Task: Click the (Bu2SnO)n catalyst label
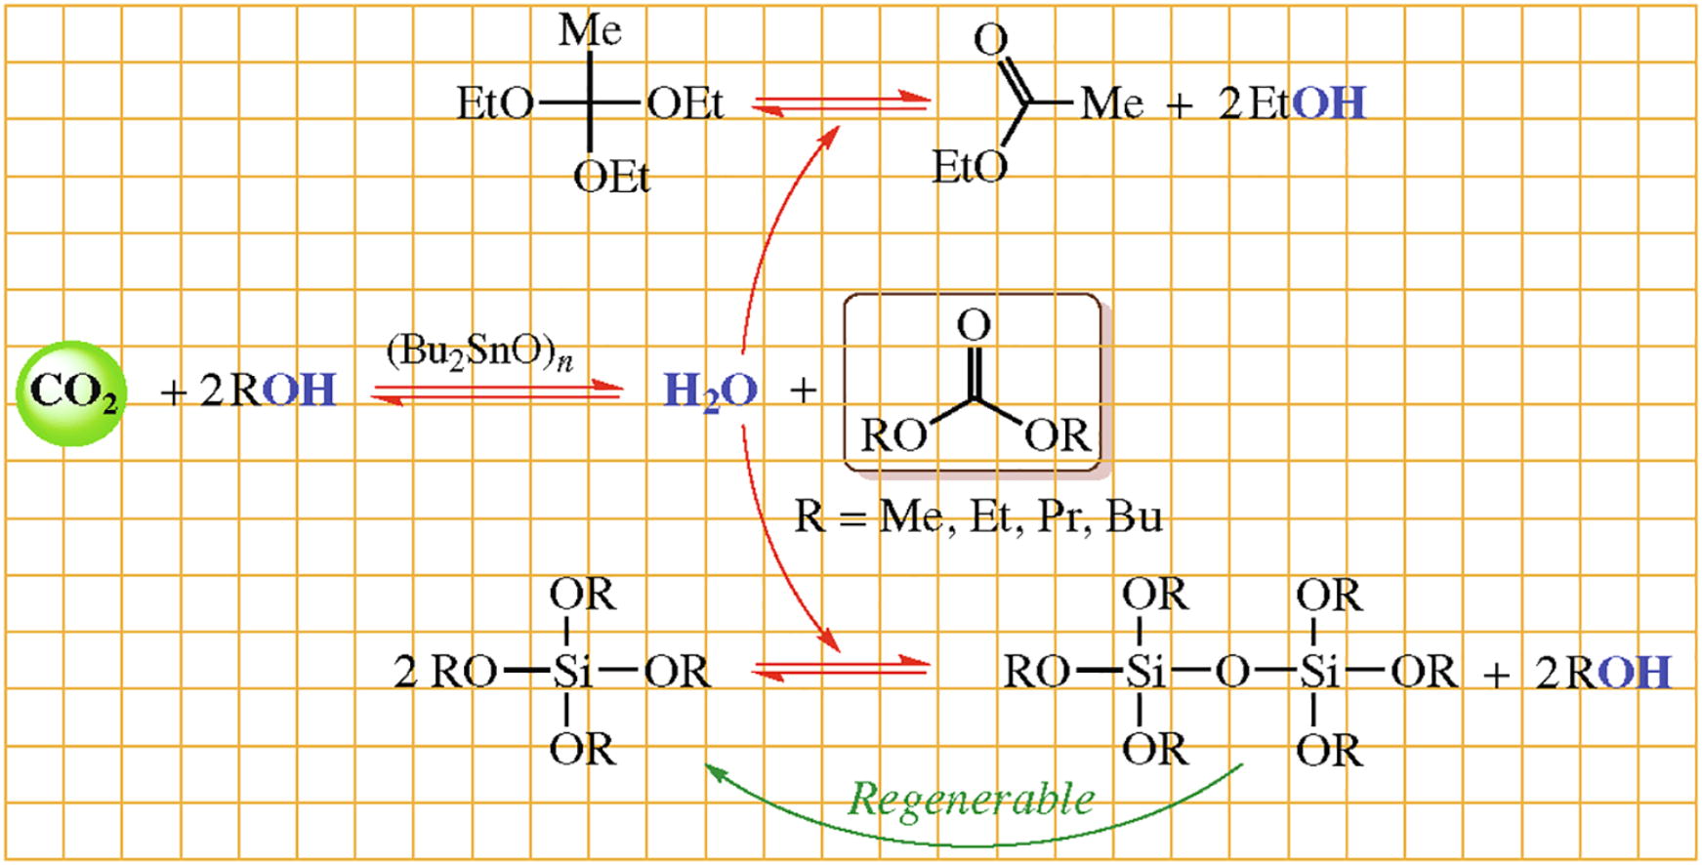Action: pos(479,352)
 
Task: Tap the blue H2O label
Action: pos(710,391)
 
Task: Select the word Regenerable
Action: pos(971,799)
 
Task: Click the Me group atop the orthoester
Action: pos(590,30)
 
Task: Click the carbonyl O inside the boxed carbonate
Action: pos(974,325)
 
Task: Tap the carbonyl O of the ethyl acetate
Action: pos(990,40)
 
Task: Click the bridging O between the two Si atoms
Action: pos(1233,672)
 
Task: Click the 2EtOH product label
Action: pos(1291,103)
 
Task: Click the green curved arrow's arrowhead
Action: pos(715,772)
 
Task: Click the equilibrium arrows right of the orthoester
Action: pos(841,103)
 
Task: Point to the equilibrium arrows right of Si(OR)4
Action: pos(841,669)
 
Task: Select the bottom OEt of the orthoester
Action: pos(611,178)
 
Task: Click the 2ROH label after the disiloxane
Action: pos(1602,673)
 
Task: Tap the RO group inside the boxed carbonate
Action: pos(893,435)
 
